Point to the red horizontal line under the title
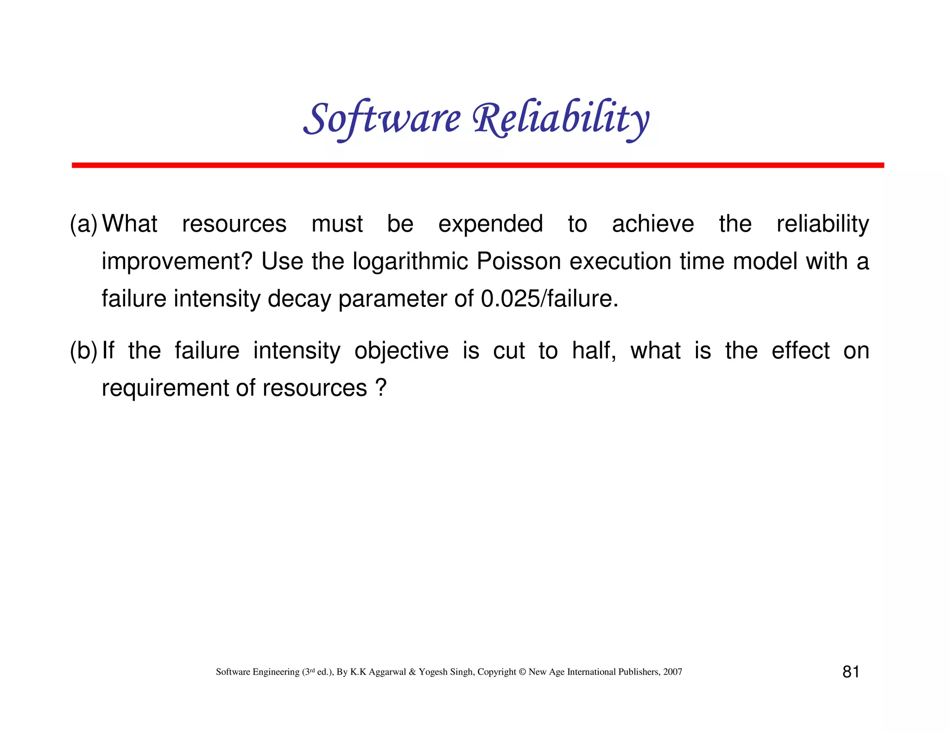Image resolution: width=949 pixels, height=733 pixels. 477,165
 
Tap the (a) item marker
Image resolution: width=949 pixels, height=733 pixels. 83,224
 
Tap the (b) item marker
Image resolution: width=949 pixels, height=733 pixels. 83,351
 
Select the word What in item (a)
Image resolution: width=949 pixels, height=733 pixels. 130,224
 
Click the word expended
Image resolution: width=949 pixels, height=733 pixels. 490,225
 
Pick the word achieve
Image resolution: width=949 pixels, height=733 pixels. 652,224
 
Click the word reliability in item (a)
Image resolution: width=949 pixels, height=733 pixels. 822,225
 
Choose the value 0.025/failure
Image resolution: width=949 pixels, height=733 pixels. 549,299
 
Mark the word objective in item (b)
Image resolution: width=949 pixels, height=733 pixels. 401,351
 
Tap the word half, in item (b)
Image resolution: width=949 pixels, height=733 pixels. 594,351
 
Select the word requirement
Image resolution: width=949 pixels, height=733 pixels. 164,389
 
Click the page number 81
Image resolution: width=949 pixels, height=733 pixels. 851,672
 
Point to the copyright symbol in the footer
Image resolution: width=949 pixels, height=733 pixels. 522,672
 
